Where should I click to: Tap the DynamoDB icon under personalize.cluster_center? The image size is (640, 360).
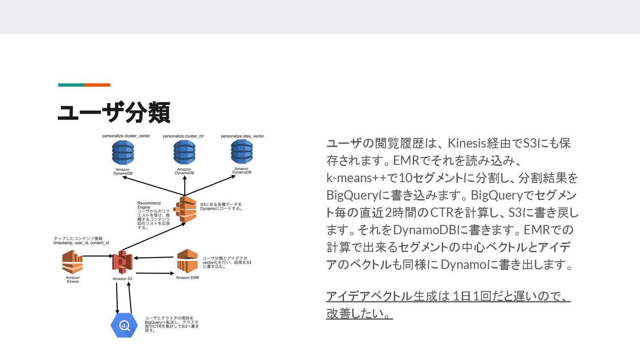pyautogui.click(x=123, y=152)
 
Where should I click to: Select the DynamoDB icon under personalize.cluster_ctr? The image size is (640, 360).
pyautogui.click(x=184, y=152)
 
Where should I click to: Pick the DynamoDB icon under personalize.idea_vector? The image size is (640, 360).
pyautogui.click(x=242, y=152)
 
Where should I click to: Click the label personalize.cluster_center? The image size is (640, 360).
pyautogui.click(x=126, y=136)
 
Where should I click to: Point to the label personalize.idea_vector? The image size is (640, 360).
pyautogui.click(x=242, y=136)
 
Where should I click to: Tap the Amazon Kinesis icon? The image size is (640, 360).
pyautogui.click(x=72, y=262)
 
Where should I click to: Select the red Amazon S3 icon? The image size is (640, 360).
pyautogui.click(x=122, y=262)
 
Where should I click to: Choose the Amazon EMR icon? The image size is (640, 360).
pyautogui.click(x=187, y=261)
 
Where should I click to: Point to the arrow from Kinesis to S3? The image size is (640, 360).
pyautogui.click(x=98, y=256)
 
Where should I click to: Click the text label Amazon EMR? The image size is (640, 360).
pyautogui.click(x=187, y=278)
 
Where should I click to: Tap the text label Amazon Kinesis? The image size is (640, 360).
pyautogui.click(x=72, y=279)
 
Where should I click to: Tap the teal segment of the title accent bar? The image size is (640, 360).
pyautogui.click(x=71, y=85)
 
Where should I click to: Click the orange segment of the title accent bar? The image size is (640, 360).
pyautogui.click(x=97, y=85)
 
